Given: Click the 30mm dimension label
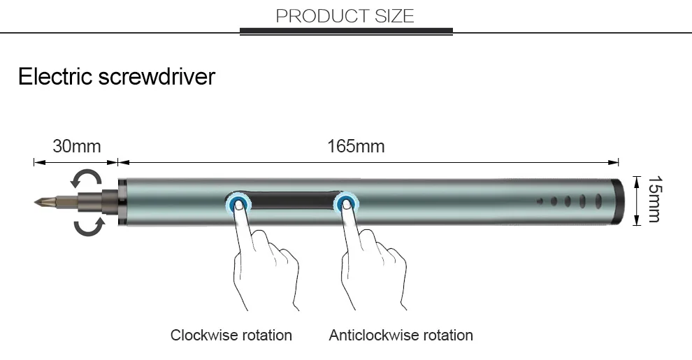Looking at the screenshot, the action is (x=76, y=146).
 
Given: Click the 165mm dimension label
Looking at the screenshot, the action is (x=356, y=146).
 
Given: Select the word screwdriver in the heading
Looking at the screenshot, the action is (x=157, y=76).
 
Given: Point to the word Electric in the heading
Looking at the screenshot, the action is (x=55, y=76).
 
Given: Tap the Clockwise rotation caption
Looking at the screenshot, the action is (x=231, y=335).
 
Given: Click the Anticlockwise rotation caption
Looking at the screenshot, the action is (x=401, y=335).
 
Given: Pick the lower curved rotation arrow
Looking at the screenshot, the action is (x=89, y=226).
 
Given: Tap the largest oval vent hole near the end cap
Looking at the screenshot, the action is (x=598, y=201).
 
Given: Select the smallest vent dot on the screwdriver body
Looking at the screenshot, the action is (x=540, y=201).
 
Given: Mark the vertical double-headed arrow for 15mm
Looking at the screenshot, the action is (x=637, y=201).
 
